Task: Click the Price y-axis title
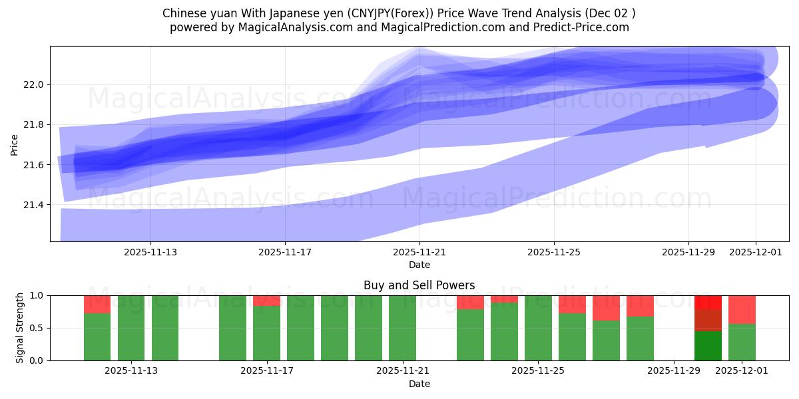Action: (x=15, y=144)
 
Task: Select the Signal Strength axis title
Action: (x=20, y=328)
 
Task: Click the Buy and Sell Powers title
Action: (x=419, y=285)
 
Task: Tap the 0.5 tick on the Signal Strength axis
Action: (x=37, y=329)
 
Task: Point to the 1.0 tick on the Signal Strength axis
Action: (x=37, y=296)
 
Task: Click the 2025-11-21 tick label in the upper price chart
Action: (x=419, y=253)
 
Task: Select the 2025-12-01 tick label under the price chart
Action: (x=755, y=253)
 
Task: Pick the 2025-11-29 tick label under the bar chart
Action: (x=674, y=371)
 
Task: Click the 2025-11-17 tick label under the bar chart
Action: (x=266, y=371)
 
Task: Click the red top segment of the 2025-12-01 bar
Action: (x=742, y=309)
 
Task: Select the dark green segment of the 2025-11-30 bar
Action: (x=708, y=346)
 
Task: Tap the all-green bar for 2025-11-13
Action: (x=165, y=328)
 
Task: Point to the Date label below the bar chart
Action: (x=419, y=384)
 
